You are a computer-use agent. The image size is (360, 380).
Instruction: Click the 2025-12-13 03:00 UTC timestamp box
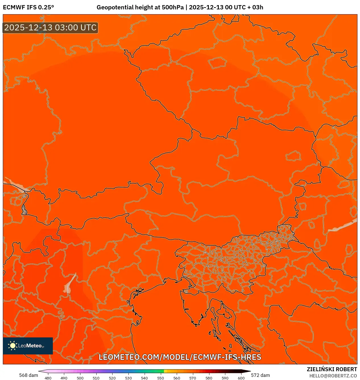[50, 28]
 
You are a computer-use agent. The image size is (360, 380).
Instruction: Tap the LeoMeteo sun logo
[13, 345]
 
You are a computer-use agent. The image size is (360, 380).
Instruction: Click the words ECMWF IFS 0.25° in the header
[28, 7]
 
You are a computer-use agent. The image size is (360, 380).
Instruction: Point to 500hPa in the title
[172, 7]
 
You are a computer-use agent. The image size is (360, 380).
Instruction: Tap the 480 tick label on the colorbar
[48, 378]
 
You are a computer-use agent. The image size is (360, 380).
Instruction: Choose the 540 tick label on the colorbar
[144, 378]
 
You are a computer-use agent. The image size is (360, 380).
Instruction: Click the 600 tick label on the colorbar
[241, 378]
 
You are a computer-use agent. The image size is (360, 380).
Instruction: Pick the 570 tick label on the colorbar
[193, 378]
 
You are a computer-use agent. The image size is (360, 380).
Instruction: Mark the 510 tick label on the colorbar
[96, 378]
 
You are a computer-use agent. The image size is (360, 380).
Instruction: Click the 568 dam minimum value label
[28, 375]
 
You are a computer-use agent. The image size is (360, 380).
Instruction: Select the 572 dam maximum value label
[260, 375]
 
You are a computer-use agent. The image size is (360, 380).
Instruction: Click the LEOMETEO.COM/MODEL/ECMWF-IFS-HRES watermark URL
[180, 357]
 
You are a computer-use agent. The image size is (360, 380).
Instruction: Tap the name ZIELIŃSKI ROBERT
[332, 369]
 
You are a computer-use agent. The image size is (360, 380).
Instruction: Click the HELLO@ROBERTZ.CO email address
[333, 376]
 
